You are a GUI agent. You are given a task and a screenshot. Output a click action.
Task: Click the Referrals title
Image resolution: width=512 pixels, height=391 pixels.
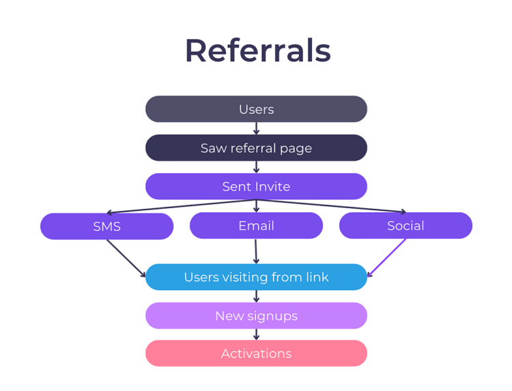(257, 51)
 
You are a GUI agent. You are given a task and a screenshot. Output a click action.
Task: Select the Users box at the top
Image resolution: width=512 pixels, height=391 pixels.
(256, 109)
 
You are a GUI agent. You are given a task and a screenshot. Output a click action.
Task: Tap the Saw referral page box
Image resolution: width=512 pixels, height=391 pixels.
(256, 148)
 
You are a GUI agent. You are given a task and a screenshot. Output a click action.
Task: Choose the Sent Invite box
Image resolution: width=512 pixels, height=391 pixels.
(256, 186)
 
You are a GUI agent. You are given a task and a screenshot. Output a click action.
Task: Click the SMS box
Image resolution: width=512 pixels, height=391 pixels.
(106, 226)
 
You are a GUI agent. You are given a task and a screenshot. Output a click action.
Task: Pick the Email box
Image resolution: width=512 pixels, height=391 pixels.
(256, 225)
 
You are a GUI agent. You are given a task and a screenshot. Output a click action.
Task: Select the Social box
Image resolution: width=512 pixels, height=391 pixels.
(406, 225)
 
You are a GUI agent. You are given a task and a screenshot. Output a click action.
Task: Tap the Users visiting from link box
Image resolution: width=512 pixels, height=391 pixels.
(256, 277)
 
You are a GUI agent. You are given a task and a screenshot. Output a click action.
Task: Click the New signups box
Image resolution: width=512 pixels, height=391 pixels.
(256, 316)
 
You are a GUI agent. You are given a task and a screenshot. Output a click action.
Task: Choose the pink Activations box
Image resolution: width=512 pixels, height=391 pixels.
(256, 353)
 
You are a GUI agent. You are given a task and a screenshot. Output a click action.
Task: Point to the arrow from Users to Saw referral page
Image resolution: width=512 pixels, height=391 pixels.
(256, 128)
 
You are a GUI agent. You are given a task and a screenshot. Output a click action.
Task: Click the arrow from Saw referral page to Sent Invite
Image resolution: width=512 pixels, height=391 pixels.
(256, 167)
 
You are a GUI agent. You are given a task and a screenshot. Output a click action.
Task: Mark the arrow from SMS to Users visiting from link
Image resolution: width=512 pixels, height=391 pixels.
(126, 258)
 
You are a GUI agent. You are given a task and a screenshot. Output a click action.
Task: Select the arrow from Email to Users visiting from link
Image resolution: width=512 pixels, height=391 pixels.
(256, 251)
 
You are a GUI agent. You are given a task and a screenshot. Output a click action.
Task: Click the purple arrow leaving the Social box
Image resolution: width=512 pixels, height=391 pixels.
(387, 257)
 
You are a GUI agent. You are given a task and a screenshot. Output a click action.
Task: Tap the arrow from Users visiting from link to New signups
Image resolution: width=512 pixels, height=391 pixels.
(256, 296)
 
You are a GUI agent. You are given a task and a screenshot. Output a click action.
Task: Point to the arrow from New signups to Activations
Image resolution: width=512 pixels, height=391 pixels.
(256, 334)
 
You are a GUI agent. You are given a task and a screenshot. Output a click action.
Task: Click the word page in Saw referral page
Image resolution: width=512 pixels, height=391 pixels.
(298, 149)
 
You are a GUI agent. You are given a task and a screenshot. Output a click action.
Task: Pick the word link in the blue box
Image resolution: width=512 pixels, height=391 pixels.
(317, 277)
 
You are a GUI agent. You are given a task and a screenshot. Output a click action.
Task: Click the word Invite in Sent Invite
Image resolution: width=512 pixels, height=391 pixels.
(272, 186)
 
